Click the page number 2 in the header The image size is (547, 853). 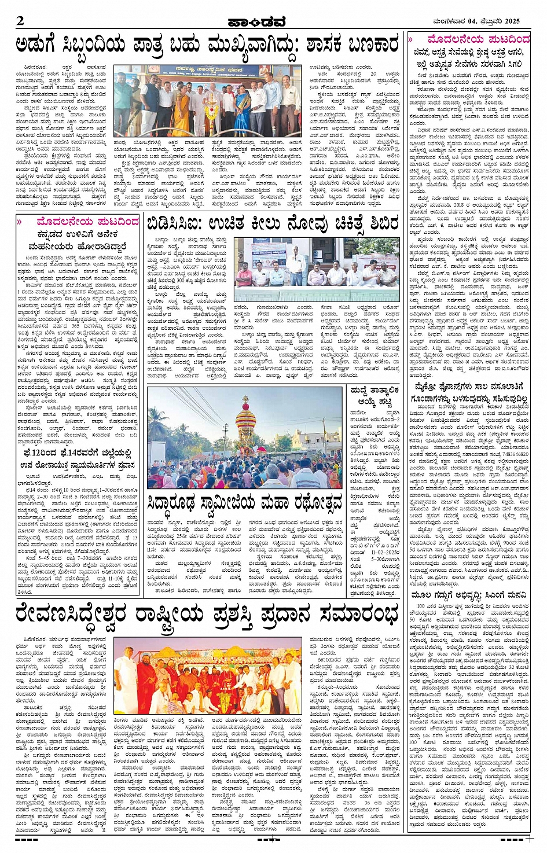pyautogui.click(x=20, y=21)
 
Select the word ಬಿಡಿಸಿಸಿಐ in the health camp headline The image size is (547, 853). pyautogui.click(x=174, y=224)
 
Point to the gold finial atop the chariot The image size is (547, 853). pyautogui.click(x=245, y=400)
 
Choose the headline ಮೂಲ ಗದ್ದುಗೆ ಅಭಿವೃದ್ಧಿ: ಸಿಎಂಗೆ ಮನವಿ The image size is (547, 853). pyautogui.click(x=469, y=595)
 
